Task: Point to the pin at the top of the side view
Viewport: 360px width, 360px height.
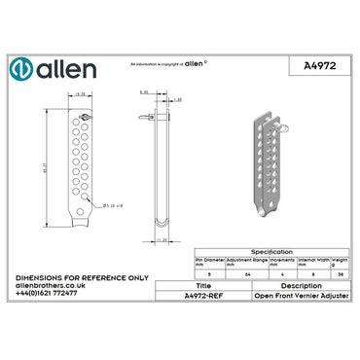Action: [147, 115]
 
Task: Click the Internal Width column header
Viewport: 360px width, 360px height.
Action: [312, 262]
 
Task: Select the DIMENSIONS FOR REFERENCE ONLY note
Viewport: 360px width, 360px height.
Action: [82, 277]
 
